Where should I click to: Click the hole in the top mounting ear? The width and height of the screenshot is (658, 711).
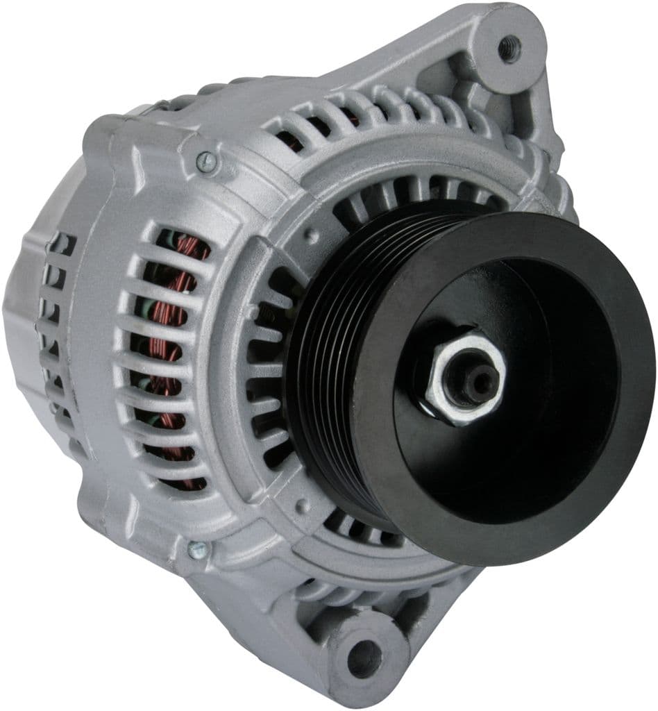(x=510, y=49)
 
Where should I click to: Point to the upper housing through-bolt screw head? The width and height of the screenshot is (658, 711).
(x=205, y=162)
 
